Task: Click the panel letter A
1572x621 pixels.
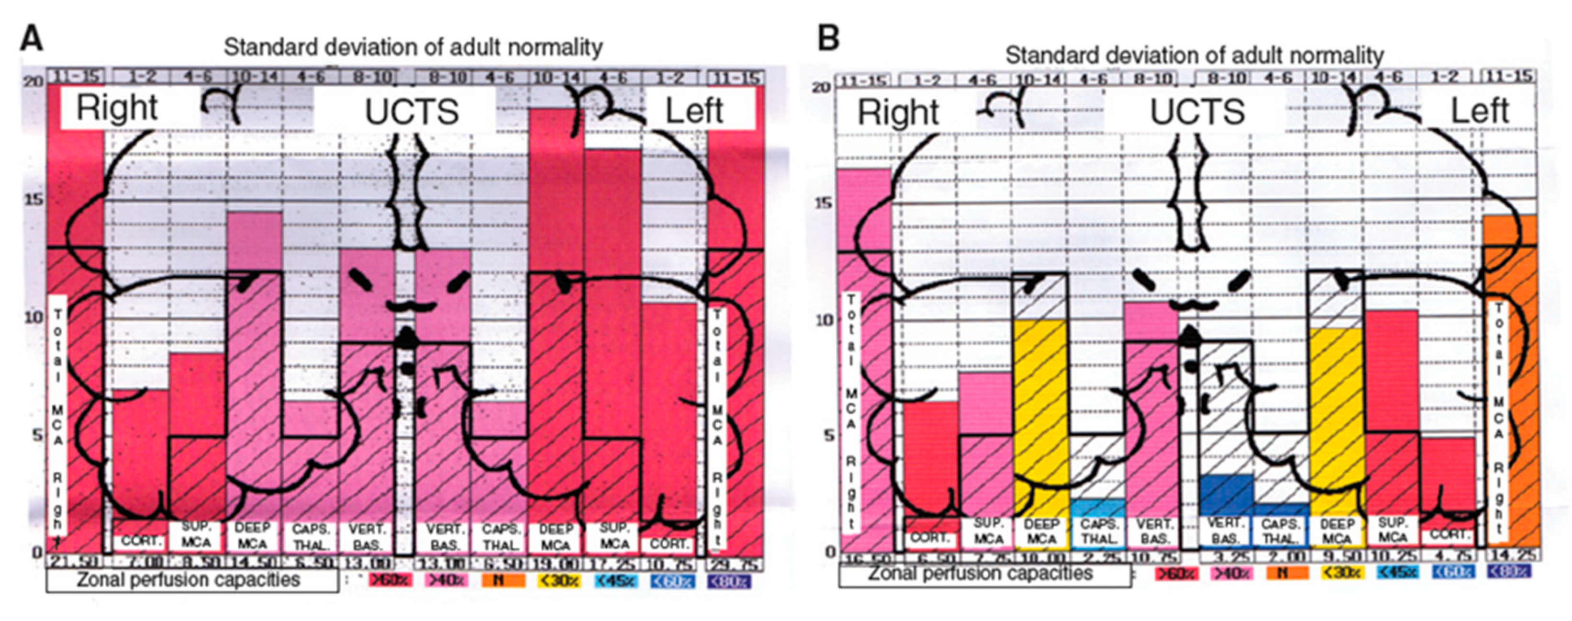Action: [x=32, y=39]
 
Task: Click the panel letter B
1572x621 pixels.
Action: [x=828, y=39]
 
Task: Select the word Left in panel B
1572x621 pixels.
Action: [x=1479, y=112]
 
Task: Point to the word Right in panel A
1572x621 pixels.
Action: [x=117, y=108]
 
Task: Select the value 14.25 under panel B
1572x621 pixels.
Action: [x=1511, y=556]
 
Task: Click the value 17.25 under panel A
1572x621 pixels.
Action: [x=613, y=564]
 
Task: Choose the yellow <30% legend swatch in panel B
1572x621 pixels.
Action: [x=1341, y=572]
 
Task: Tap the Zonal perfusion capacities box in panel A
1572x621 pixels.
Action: [x=191, y=579]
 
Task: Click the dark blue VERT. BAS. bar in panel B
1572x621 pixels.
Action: [x=1226, y=494]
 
